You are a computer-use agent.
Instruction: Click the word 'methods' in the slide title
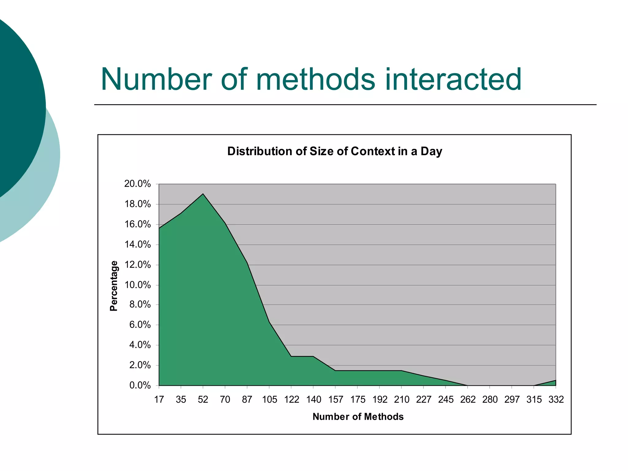point(315,79)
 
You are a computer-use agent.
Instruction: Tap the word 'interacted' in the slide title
point(453,79)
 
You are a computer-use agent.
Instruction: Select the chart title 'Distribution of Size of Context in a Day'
point(335,151)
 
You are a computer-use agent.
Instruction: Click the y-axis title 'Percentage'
point(114,286)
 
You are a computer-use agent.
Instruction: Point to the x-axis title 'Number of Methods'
point(358,417)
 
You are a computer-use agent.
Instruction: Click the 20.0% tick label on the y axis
point(137,184)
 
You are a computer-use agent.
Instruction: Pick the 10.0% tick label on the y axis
point(137,285)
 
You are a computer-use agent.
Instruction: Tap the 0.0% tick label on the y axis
point(140,385)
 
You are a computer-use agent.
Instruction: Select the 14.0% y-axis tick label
point(137,245)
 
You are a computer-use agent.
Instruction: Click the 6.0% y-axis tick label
point(140,325)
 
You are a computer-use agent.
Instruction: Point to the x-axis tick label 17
point(159,400)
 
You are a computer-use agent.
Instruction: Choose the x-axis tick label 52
point(203,400)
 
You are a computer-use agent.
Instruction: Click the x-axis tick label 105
point(269,400)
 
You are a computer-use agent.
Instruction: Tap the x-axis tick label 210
point(401,400)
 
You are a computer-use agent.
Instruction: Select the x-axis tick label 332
point(556,400)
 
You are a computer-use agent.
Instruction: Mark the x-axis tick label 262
point(468,400)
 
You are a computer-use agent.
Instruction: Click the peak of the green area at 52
point(203,194)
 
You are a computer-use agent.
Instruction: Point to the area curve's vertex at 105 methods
point(269,322)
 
